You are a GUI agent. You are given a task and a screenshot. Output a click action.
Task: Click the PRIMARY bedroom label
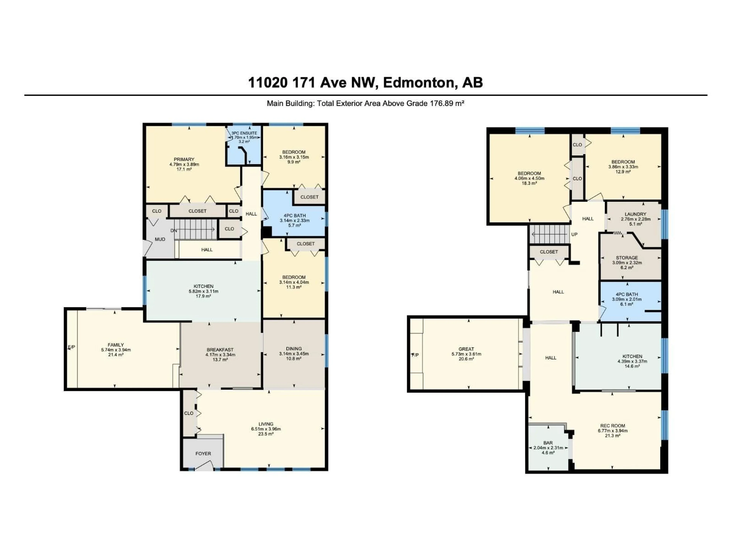pos(184,159)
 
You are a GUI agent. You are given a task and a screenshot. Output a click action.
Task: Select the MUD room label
pos(160,239)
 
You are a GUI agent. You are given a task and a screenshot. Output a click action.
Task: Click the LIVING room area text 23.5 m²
pos(266,434)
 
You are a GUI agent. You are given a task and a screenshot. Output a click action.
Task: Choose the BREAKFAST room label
pos(220,350)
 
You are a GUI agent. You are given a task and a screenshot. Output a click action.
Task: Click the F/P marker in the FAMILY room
pos(72,347)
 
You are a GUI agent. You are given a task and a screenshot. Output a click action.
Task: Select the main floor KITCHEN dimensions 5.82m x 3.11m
pos(203,291)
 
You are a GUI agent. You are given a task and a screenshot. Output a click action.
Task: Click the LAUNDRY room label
pos(635,214)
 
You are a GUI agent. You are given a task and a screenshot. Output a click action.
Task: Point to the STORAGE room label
pos(627,258)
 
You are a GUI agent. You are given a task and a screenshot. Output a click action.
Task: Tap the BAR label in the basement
pos(548,443)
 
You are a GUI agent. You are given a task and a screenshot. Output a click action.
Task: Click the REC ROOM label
pos(612,426)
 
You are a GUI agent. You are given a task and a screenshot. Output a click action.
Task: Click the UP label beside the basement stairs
pos(574,234)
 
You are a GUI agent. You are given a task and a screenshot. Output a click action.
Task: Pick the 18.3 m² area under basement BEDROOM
pos(529,183)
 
